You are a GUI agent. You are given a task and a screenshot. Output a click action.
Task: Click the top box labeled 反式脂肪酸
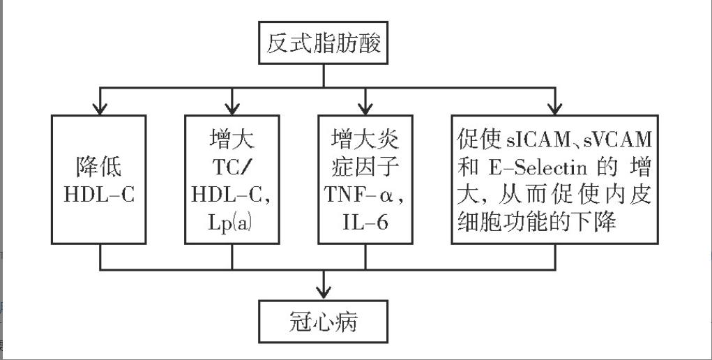[323, 45]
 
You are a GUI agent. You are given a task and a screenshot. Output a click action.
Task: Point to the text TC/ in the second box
[232, 167]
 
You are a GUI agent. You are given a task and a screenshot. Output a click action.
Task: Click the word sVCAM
[618, 140]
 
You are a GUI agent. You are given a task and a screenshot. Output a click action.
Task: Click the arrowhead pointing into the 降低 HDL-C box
[100, 108]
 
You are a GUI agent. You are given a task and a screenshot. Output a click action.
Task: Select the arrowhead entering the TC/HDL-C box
[232, 108]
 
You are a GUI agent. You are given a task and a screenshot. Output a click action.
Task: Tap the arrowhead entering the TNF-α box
[363, 108]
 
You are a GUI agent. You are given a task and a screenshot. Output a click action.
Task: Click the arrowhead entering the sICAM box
[555, 108]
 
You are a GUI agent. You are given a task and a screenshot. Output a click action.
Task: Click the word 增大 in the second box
[232, 140]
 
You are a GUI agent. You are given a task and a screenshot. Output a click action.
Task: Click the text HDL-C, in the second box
[232, 195]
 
